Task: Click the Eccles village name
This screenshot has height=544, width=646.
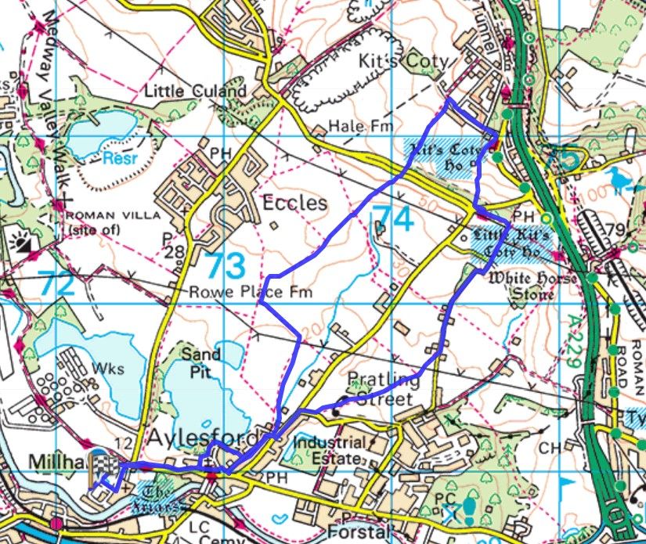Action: coord(295,203)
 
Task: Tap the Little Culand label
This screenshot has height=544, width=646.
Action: coord(196,92)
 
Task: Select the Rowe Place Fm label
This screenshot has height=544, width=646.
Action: coord(251,293)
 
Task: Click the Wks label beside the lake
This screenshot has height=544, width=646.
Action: coord(103,367)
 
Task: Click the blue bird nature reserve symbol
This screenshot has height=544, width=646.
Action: coord(622,178)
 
